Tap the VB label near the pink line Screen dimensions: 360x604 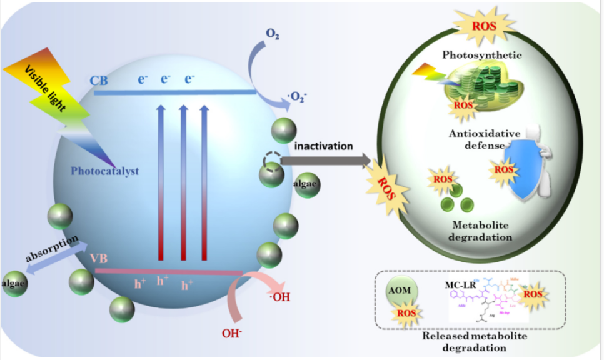click(x=99, y=259)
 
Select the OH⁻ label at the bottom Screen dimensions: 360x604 click(x=232, y=333)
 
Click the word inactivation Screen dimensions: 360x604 click(x=324, y=146)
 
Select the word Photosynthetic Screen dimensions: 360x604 click(x=481, y=55)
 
